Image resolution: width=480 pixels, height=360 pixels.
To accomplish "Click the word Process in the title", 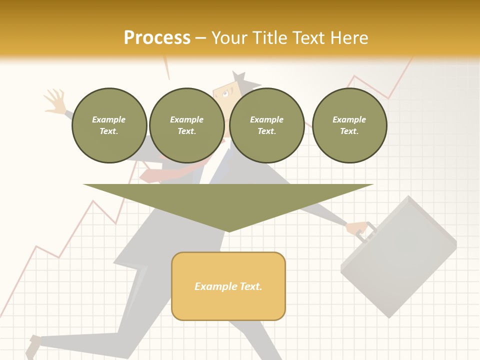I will pos(157,38).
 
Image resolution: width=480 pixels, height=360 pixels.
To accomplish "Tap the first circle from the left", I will pos(109,125).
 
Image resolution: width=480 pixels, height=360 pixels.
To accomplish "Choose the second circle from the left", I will pos(187,125).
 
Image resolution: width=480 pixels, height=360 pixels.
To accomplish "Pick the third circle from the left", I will pos(267,125).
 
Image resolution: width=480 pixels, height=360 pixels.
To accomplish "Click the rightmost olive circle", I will pos(349,125).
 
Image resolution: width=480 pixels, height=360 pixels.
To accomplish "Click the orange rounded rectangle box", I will pos(228,286).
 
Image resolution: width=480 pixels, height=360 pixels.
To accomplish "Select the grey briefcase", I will pos(400,257).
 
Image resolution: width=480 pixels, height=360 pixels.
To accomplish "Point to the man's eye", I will pos(225,93).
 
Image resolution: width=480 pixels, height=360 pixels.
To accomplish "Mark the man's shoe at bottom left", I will pos(34,345).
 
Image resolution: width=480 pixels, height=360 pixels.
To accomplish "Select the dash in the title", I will pos(200,38).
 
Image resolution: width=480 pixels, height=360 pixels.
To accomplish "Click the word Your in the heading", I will pos(229,38).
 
